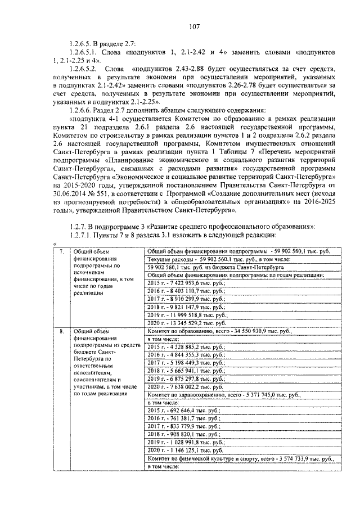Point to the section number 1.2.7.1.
[80, 234]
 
